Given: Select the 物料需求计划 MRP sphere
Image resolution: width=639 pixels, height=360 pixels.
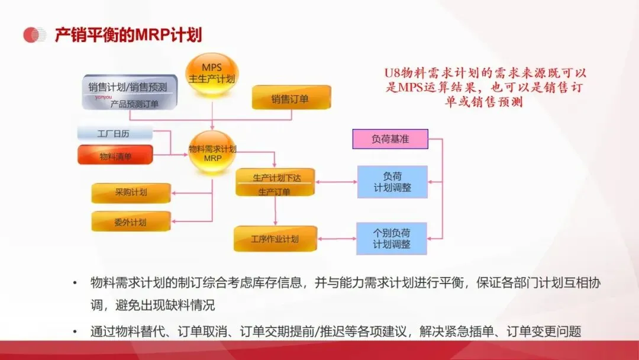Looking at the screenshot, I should click(x=212, y=152).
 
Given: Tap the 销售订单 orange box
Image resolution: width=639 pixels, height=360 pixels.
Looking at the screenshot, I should click(x=291, y=98).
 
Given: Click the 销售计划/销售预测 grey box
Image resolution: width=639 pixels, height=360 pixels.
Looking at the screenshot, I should click(x=129, y=92).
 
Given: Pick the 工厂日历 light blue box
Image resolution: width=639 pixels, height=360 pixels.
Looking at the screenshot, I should click(x=115, y=134).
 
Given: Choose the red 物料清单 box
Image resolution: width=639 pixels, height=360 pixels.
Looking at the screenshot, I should click(x=115, y=156).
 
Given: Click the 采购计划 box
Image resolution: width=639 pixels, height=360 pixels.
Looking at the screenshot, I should click(x=131, y=193).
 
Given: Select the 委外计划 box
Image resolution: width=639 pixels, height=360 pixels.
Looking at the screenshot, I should click(x=131, y=222).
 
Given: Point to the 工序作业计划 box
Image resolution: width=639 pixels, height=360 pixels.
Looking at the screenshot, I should click(x=275, y=239).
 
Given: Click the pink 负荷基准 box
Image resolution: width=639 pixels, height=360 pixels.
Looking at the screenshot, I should click(x=390, y=139).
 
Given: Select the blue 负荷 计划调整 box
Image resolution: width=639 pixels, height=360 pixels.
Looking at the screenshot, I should click(x=392, y=182).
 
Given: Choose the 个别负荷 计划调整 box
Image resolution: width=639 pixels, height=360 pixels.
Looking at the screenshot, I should click(x=392, y=238).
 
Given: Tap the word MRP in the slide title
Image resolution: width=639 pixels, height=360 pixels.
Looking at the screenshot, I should click(x=153, y=35).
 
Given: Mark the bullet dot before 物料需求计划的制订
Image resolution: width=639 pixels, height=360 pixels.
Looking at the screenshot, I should click(x=75, y=283).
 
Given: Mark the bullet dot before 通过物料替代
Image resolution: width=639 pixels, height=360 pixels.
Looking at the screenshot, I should click(x=75, y=332).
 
